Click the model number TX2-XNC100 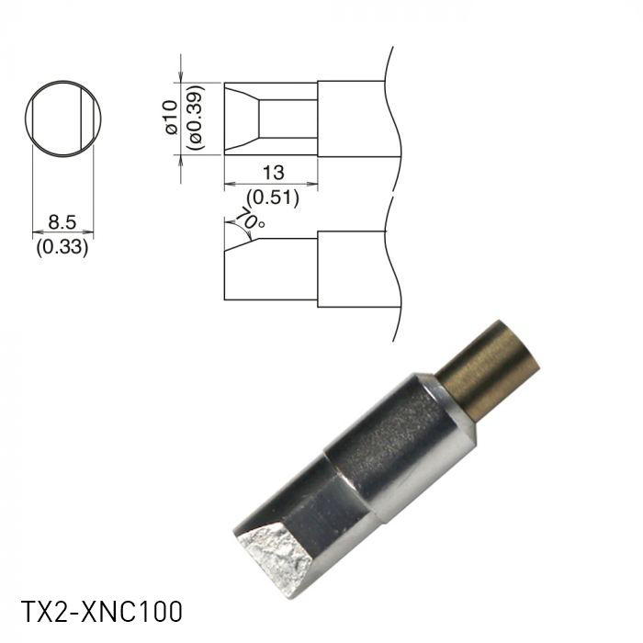click(101, 612)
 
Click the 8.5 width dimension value click(62, 221)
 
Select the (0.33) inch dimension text click(62, 247)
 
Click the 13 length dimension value click(273, 172)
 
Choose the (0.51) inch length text click(273, 196)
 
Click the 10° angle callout click(250, 219)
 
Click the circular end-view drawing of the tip click(62, 118)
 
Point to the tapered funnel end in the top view click(242, 118)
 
